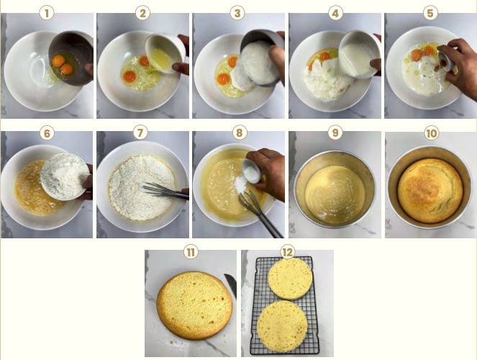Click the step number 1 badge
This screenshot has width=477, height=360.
(x=47, y=14)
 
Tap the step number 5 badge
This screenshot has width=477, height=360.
(x=430, y=14)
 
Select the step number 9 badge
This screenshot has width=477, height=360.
(x=335, y=132)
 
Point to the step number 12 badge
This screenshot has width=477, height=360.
(x=288, y=252)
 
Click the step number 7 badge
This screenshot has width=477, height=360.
(x=140, y=132)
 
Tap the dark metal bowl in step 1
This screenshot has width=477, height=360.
(x=71, y=58)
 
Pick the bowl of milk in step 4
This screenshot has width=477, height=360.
(x=359, y=55)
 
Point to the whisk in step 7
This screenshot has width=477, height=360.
(x=165, y=191)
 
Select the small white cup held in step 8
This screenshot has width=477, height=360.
(x=252, y=171)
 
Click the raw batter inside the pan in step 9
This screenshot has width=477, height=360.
(x=335, y=194)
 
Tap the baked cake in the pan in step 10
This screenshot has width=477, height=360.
(x=430, y=191)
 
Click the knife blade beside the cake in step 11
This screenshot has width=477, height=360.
(x=231, y=285)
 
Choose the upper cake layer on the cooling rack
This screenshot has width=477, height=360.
(x=290, y=279)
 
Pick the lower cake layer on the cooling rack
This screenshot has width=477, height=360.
(x=282, y=326)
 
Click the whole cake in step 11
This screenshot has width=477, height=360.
(x=195, y=305)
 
